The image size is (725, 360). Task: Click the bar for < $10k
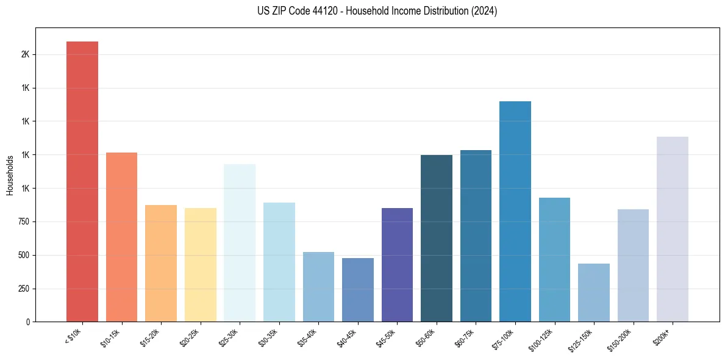point(82,181)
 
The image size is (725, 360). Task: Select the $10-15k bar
point(121,237)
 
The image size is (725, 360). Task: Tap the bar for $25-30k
point(240,243)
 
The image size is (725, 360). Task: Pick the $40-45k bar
point(358,290)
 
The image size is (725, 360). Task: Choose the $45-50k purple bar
point(397,265)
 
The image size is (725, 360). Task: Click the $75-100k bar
point(515,211)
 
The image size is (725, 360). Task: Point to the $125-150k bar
point(594,292)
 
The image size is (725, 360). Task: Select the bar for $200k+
point(673,229)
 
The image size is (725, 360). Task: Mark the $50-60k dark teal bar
point(437,238)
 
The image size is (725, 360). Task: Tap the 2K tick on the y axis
point(25,54)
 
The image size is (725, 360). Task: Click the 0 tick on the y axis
point(28,322)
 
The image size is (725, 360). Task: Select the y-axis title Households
point(10,175)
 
